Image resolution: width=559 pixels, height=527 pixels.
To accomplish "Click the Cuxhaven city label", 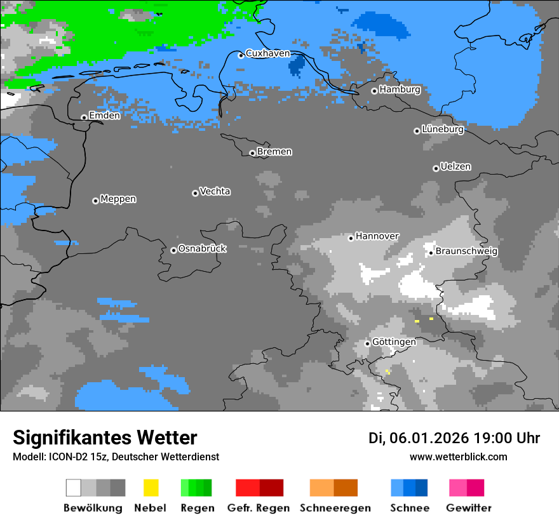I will point(267,53).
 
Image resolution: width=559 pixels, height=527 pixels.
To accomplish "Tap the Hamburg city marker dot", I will point(374,91).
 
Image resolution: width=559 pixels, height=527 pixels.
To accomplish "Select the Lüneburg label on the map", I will point(443,130).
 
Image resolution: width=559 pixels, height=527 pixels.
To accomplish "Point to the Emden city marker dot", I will point(84,117).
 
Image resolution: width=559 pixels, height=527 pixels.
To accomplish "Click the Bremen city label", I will point(274,152).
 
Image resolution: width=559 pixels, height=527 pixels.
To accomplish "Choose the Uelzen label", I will point(455,166).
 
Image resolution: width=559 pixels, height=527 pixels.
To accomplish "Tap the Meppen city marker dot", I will point(95,201).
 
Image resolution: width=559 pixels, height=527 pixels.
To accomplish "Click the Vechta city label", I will point(215,191).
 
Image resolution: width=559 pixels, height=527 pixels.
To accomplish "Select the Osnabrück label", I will point(202,249).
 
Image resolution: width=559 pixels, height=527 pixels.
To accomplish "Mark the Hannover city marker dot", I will point(351,238).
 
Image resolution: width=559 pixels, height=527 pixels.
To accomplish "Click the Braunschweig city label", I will point(466,251).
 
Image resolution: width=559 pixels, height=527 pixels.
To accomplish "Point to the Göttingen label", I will point(394,342).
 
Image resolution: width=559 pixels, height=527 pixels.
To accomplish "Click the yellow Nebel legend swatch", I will point(151,488).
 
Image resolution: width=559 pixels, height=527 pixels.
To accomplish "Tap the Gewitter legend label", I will point(469,508).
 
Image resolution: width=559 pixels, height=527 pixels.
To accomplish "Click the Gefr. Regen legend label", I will point(259,508).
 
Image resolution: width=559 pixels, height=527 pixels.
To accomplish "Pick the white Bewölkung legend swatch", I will point(74,488).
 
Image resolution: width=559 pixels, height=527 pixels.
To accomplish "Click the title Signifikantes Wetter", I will point(105,437).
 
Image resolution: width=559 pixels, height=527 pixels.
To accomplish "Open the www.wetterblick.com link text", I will point(458,457).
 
